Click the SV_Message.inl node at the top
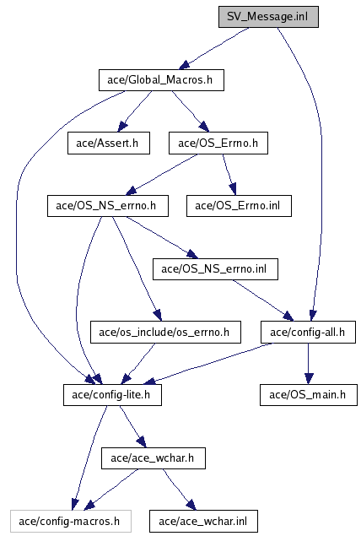tap(268, 16)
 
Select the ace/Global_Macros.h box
tap(161, 80)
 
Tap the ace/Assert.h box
tap(109, 143)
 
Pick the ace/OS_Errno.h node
tap(218, 143)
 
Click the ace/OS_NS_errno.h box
tap(108, 206)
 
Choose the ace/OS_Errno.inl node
tap(239, 206)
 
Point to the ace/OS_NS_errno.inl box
tap(215, 269)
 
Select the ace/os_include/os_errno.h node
tap(165, 332)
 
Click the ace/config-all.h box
tap(308, 332)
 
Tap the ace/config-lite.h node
tap(112, 395)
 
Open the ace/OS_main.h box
tap(309, 395)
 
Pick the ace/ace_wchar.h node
tap(154, 458)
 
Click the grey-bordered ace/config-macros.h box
tap(71, 522)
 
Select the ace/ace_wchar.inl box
tap(203, 522)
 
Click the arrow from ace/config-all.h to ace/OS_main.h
tap(308, 363)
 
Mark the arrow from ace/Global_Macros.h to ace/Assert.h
tap(135, 111)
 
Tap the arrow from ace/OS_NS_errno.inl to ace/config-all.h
tap(263, 300)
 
